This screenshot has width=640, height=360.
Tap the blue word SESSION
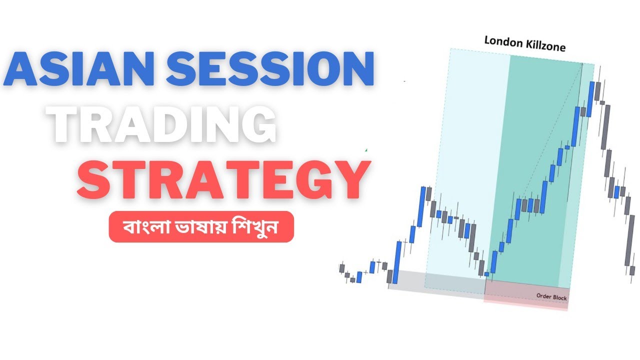[270, 68]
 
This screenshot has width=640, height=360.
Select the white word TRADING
[164, 125]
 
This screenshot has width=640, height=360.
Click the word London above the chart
[503, 42]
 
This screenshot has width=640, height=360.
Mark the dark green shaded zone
[532, 150]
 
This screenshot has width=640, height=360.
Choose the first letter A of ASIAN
[22, 68]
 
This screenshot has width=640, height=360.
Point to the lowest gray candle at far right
[632, 270]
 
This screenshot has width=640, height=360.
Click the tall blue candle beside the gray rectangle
[398, 257]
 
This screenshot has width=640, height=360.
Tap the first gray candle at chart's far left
[342, 268]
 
